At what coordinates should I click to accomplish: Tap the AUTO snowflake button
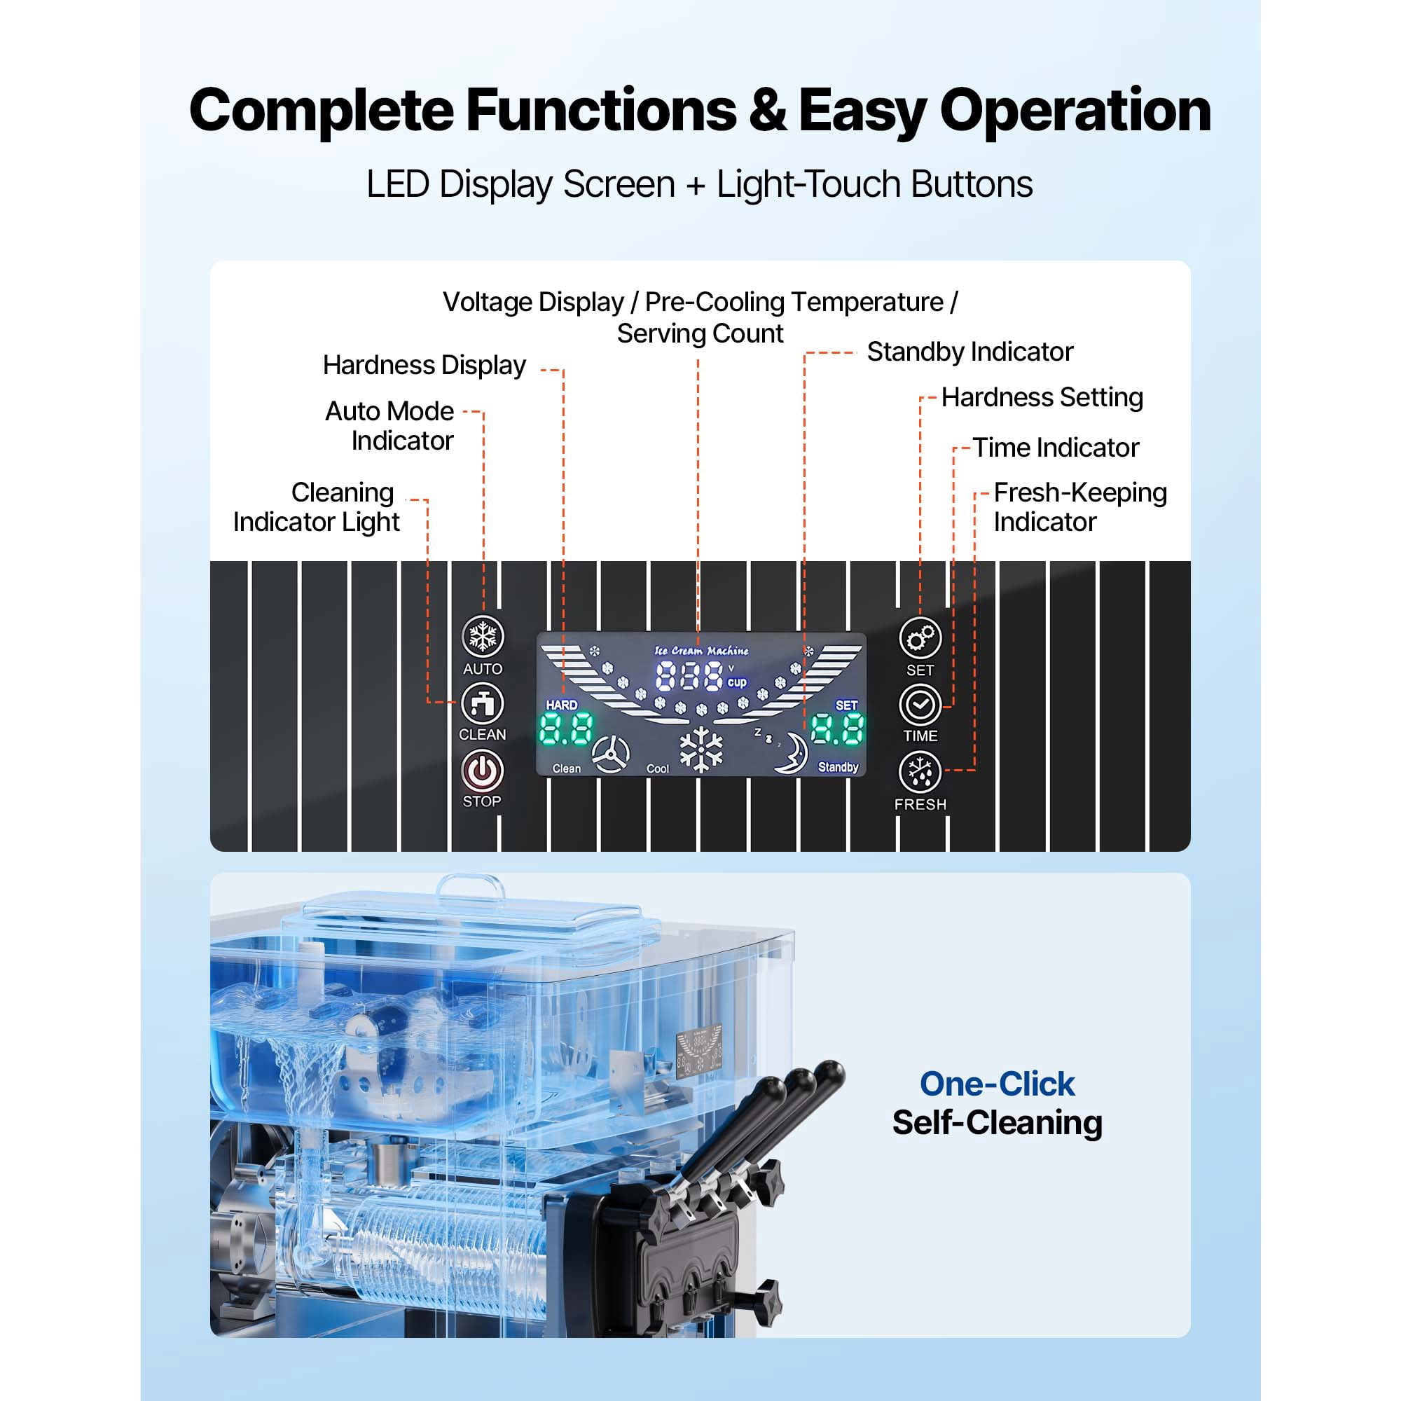[x=483, y=637]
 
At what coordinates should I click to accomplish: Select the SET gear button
[x=920, y=638]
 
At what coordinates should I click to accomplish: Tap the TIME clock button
[x=920, y=704]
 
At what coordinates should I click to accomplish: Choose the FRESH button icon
[x=920, y=771]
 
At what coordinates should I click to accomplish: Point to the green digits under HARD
[x=565, y=729]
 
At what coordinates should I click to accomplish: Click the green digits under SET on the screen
[x=838, y=729]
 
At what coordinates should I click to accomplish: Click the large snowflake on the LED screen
[x=701, y=750]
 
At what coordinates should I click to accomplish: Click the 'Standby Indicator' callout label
[x=970, y=352]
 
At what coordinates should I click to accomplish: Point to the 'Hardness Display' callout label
[x=425, y=365]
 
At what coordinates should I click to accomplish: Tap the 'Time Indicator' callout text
[x=1056, y=448]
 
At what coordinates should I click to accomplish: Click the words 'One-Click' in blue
[x=997, y=1084]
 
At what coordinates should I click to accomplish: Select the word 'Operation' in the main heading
[x=1075, y=111]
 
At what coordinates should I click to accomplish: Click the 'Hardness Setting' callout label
[x=1042, y=397]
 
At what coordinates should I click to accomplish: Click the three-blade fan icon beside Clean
[x=611, y=754]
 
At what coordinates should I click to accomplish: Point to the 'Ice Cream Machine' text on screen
[x=701, y=651]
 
